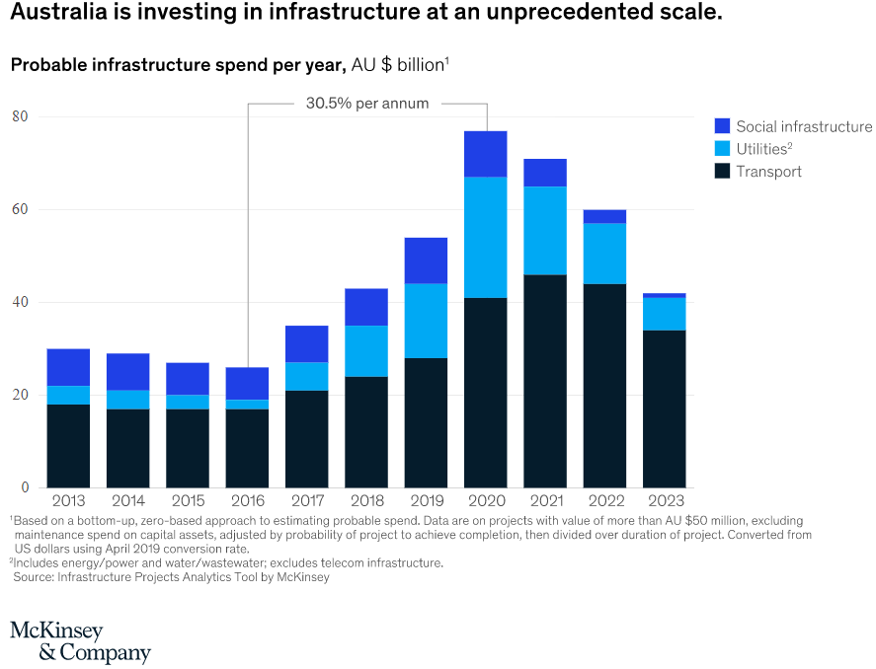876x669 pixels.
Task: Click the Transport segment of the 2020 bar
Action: (x=485, y=392)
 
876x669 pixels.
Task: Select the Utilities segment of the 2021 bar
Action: (x=544, y=230)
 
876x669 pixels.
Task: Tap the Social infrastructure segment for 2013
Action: (x=68, y=367)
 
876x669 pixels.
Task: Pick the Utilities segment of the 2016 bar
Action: (x=247, y=405)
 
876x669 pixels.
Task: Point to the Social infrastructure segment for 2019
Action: (x=426, y=260)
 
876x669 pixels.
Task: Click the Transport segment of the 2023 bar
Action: (x=664, y=409)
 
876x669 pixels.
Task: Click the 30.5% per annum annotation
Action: (x=367, y=103)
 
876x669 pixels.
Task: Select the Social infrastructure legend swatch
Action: (x=722, y=126)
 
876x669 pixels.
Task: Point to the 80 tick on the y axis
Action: (x=19, y=116)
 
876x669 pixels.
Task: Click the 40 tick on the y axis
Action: (x=19, y=302)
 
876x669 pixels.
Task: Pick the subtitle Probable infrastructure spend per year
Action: (x=177, y=65)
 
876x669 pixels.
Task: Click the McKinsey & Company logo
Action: (x=80, y=642)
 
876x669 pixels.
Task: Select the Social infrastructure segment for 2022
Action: (x=604, y=217)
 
